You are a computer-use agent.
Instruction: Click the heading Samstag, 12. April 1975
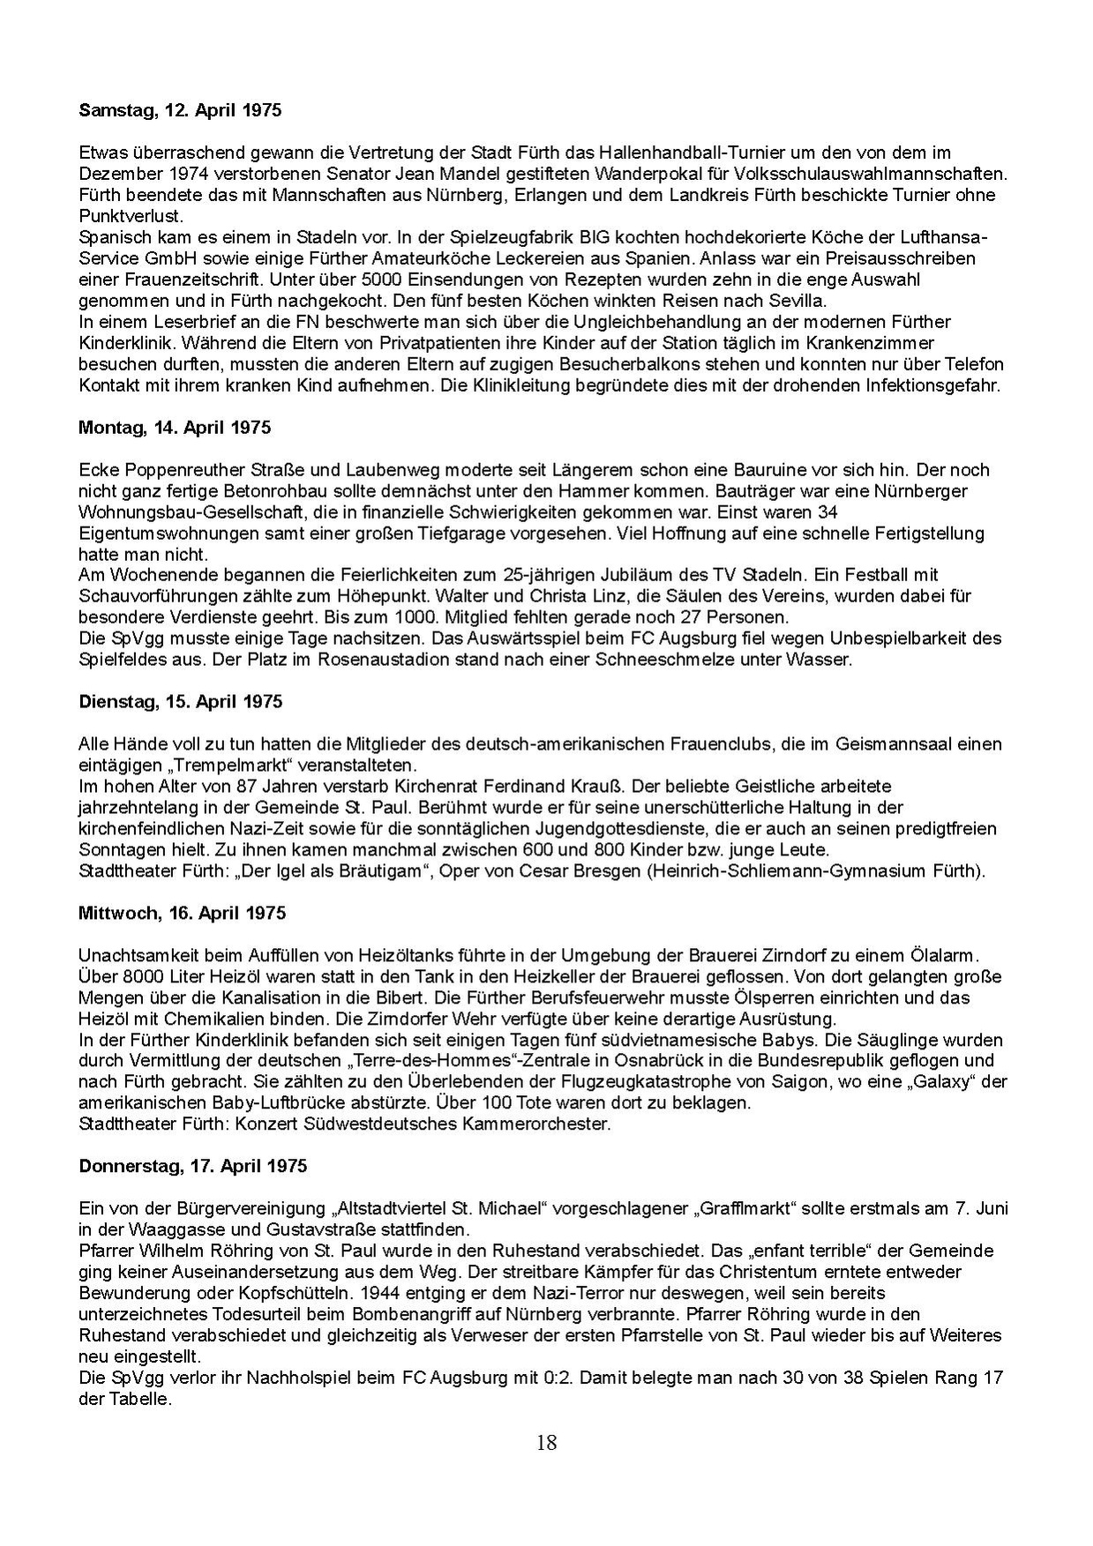180,111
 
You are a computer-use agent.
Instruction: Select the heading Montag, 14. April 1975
175,428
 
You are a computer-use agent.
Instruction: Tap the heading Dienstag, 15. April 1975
180,702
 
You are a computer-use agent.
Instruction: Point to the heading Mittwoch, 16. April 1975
182,913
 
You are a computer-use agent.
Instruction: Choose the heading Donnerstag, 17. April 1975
192,1166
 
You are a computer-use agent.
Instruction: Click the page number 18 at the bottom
546,1443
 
